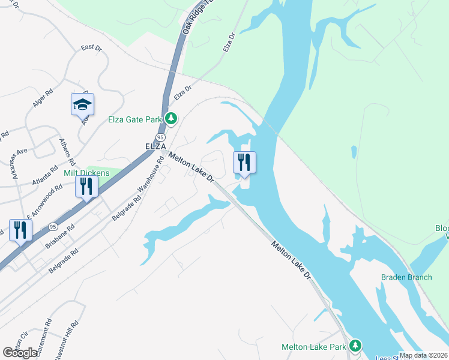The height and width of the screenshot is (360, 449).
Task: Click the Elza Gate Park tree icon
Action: coord(171,118)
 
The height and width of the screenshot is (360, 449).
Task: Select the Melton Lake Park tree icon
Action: coord(356,346)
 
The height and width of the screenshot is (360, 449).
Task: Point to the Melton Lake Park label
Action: coord(314,347)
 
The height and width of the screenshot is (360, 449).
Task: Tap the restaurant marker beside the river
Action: coord(244,163)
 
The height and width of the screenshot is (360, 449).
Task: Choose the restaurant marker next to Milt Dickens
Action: coord(86,187)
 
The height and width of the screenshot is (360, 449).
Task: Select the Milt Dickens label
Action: coord(86,173)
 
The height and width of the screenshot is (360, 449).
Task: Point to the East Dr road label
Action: coord(91,47)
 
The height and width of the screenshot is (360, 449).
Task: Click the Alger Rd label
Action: coord(43,104)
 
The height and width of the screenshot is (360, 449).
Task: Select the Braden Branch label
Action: coord(406,277)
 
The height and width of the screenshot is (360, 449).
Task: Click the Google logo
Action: coord(20,353)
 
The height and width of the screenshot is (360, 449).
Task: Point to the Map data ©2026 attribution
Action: coord(424,355)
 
